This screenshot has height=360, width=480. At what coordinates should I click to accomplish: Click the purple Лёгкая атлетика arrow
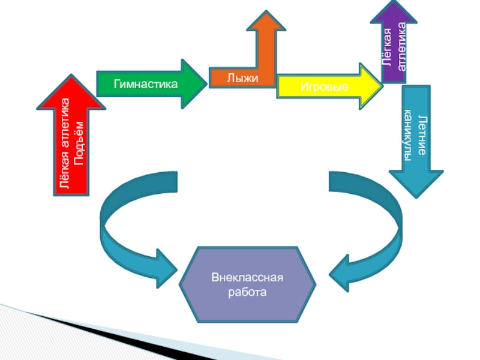click(x=394, y=45)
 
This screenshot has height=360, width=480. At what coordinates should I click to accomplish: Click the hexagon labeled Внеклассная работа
click(x=247, y=285)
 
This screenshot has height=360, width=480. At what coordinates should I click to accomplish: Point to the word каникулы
click(x=408, y=136)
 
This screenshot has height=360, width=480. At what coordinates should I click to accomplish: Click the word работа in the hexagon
click(x=247, y=293)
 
